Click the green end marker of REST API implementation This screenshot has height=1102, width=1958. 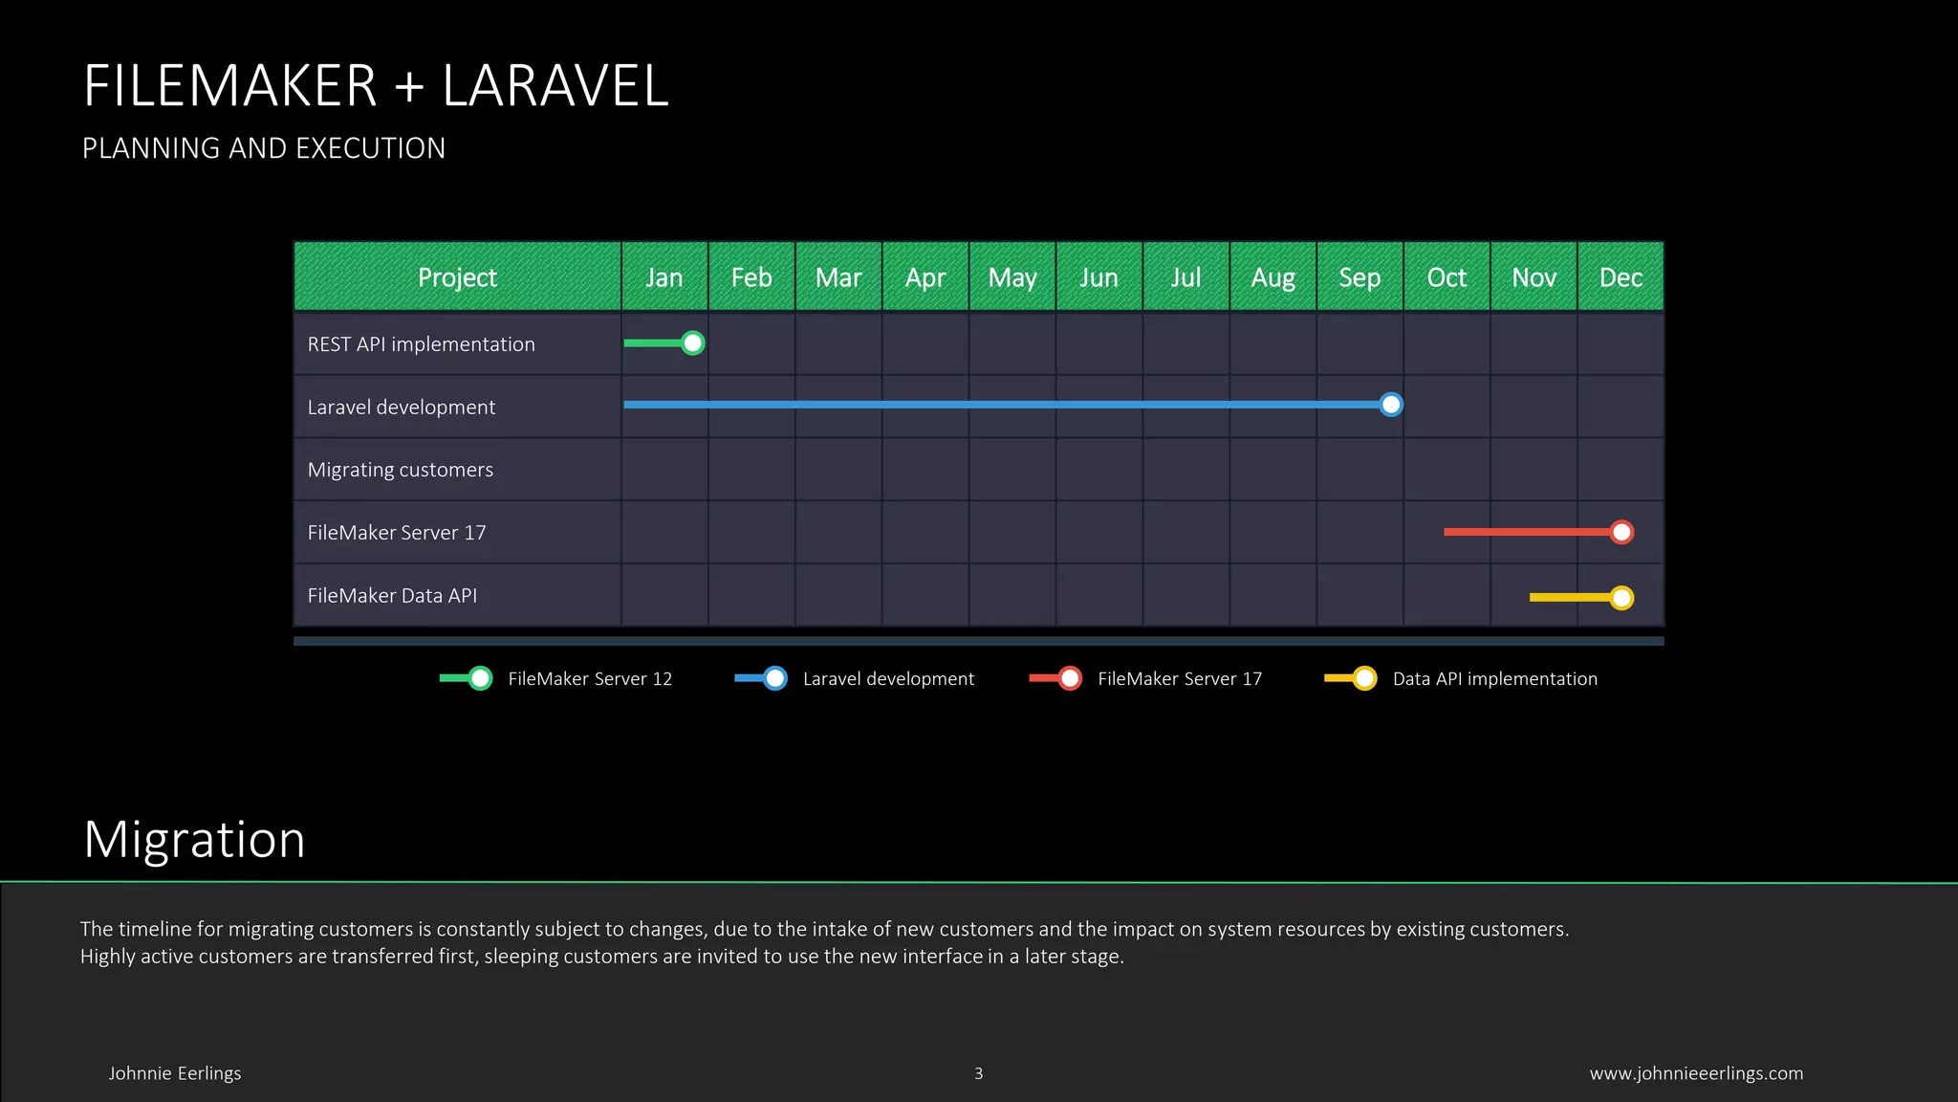693,342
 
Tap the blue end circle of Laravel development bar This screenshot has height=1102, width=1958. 1391,405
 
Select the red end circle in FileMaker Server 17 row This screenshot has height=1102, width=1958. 1621,532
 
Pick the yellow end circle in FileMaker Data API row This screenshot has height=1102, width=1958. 1621,598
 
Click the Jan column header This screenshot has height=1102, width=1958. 664,277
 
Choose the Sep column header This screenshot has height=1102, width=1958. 1360,277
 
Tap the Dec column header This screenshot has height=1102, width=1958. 1621,277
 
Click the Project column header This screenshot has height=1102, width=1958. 457,277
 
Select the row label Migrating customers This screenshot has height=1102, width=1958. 401,470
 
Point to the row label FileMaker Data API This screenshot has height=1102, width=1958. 392,595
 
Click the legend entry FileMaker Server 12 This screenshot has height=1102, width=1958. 590,678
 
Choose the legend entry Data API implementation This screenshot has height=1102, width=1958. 1494,678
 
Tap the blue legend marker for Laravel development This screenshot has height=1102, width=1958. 775,678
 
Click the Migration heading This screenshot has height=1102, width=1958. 194,840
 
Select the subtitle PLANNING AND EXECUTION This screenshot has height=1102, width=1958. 264,148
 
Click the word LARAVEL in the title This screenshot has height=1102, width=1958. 555,86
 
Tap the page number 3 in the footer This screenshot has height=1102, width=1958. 978,1073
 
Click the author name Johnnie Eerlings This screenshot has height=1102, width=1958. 175,1073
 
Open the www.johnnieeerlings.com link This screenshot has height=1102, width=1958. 1696,1073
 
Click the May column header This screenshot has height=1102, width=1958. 1012,277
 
